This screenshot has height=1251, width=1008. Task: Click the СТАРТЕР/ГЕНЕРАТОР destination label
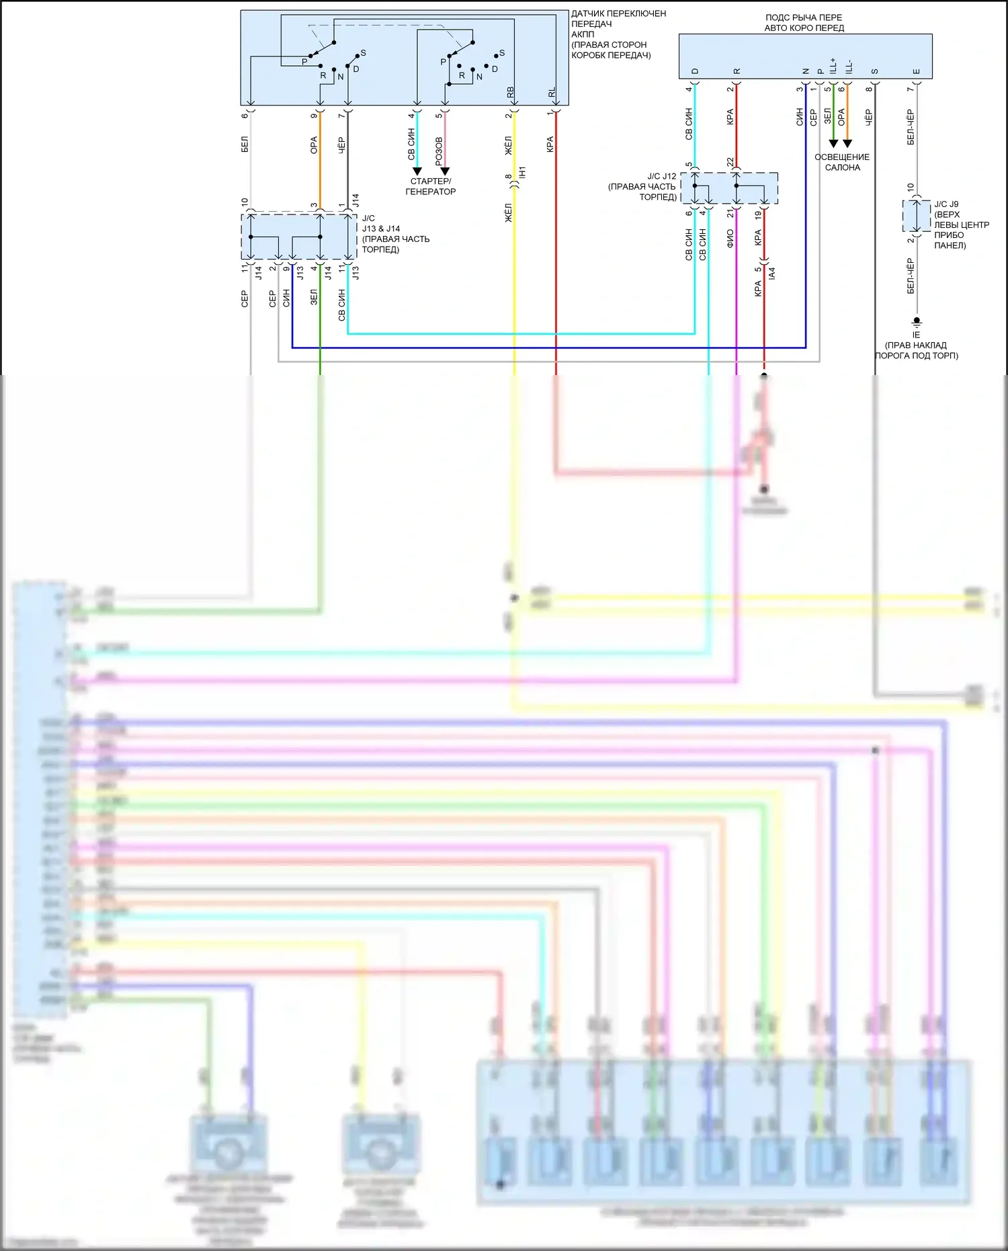[430, 186]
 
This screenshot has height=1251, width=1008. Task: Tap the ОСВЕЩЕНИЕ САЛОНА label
[842, 162]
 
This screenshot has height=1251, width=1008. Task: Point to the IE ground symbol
[917, 322]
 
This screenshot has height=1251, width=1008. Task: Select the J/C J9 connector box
[917, 216]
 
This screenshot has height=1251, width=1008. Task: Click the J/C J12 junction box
[729, 188]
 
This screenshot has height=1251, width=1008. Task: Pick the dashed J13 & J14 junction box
[298, 237]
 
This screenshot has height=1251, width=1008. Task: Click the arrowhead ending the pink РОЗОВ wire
[444, 171]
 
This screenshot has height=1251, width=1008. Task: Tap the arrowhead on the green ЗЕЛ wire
[833, 143]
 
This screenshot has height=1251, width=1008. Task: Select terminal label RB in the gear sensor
[510, 92]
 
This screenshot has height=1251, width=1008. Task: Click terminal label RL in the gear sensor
[552, 92]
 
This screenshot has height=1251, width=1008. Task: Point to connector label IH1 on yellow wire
[522, 172]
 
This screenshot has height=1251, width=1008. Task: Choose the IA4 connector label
[771, 273]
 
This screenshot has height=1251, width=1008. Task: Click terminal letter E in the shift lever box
[917, 71]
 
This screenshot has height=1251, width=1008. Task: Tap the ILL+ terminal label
[833, 66]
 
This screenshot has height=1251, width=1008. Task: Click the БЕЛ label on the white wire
[245, 144]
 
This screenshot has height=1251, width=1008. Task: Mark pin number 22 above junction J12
[730, 162]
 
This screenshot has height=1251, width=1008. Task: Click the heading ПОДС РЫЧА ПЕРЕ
[804, 17]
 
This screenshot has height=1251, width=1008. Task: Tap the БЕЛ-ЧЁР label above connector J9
[911, 127]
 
